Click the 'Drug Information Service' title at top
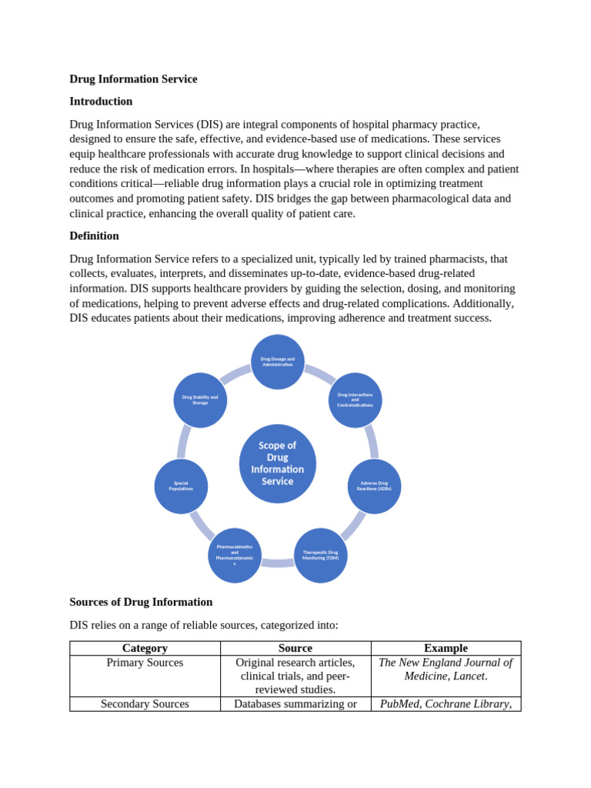[x=133, y=79]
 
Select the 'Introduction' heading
[x=101, y=102]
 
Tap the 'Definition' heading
[x=94, y=236]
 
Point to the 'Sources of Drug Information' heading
[x=141, y=602]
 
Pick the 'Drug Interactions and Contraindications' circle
[x=355, y=400]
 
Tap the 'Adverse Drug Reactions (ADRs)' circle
[x=374, y=486]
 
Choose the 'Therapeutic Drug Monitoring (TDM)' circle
[x=320, y=555]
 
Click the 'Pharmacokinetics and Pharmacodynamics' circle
[x=234, y=555]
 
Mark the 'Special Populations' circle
[x=181, y=486]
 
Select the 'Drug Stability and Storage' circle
[x=200, y=400]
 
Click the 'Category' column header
[x=145, y=648]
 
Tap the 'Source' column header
[x=295, y=648]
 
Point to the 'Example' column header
[x=446, y=648]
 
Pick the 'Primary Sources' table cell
[x=145, y=663]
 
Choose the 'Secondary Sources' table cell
[x=145, y=703]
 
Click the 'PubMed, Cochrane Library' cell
[x=446, y=703]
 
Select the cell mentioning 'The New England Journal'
[x=446, y=669]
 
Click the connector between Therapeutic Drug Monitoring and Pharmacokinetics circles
[x=277, y=563]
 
